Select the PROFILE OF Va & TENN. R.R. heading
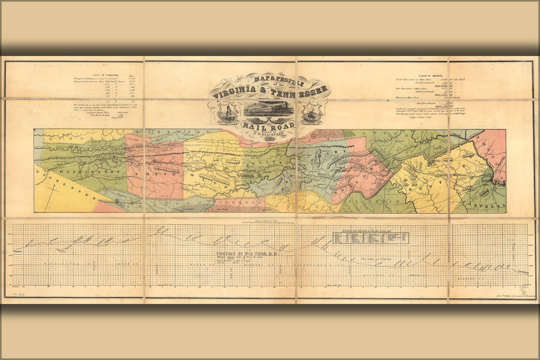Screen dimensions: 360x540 click(247, 253)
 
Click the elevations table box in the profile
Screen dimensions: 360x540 click(371, 237)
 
